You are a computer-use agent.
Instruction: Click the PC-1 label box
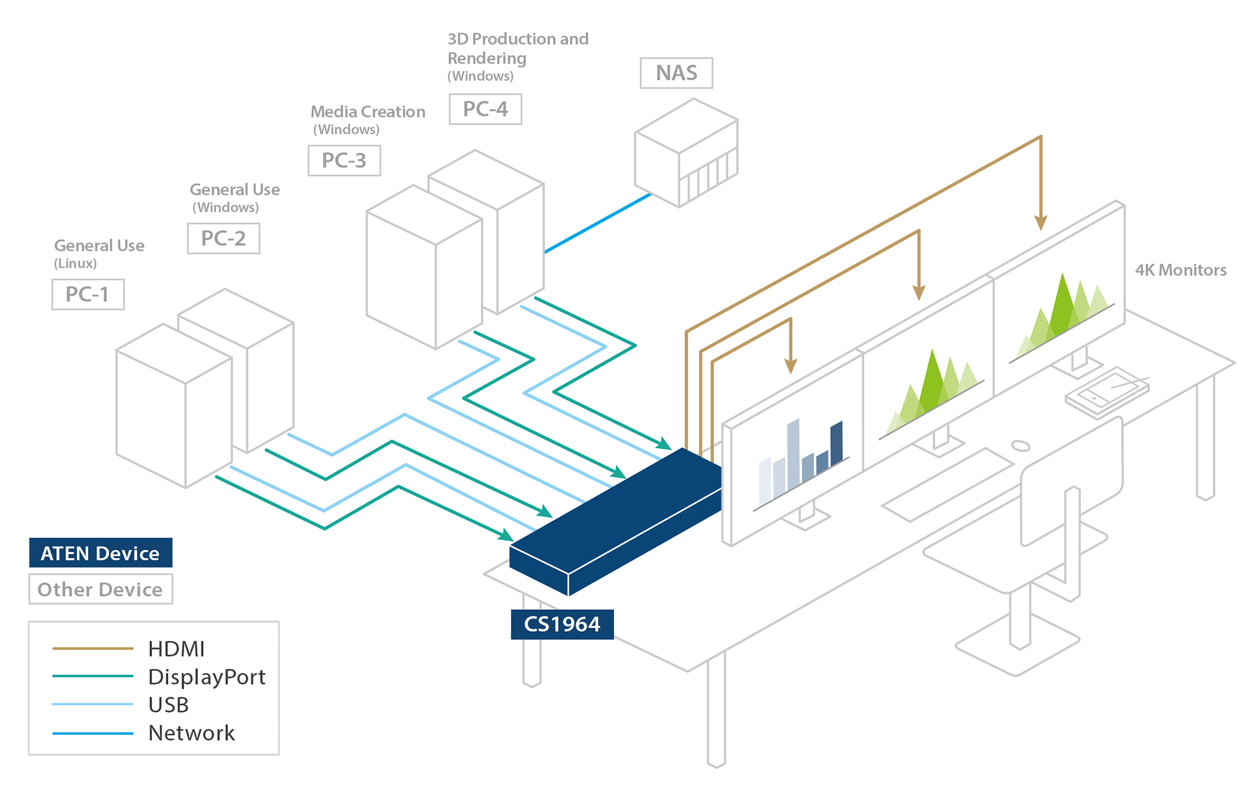(88, 295)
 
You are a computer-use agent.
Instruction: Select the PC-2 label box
(223, 239)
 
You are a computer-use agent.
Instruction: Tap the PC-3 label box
(344, 161)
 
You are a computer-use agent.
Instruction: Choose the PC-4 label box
(485, 109)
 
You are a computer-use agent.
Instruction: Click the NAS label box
(676, 73)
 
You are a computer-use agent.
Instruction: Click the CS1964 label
(562, 624)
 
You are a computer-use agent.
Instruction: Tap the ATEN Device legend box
(101, 553)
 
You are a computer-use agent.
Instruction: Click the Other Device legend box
(101, 589)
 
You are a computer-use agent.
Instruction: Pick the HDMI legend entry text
(177, 649)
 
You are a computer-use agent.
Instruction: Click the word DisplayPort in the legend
(207, 677)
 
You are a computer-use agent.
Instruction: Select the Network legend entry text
(191, 733)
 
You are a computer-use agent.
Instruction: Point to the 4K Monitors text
(1180, 270)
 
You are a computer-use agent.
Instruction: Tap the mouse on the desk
(1021, 446)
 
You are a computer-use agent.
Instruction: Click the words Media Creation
(368, 112)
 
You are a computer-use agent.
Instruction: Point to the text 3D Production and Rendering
(517, 48)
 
